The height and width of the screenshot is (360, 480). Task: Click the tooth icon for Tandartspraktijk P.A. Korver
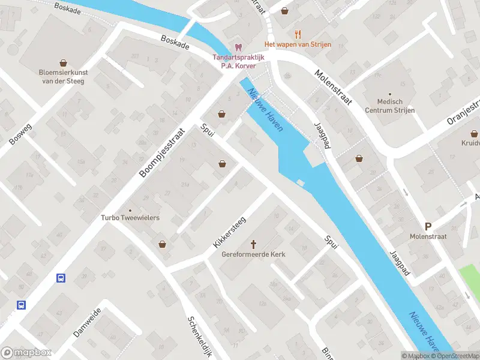[x=238, y=47]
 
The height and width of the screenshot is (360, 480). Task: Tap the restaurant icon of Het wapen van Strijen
[x=298, y=35]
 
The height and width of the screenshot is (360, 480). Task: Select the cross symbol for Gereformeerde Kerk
[x=253, y=244]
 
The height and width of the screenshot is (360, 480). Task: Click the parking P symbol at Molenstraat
[x=428, y=226]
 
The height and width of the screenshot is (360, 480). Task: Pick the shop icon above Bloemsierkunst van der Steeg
[x=62, y=62]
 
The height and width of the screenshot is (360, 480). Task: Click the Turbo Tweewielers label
[x=130, y=218]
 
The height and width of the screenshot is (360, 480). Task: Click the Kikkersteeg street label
[x=229, y=233]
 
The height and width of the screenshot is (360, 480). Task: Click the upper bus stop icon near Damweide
[x=61, y=277]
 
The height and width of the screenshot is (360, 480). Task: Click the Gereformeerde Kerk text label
[x=253, y=254]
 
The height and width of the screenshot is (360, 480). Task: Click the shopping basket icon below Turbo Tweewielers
[x=162, y=244]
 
